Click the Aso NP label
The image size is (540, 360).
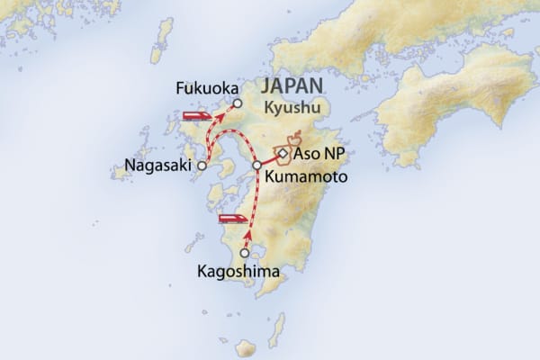pyautogui.click(x=315, y=156)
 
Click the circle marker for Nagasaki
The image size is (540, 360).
pyautogui.click(x=202, y=166)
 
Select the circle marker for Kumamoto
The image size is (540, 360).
pyautogui.click(x=257, y=166)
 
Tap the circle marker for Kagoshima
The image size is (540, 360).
pyautogui.click(x=245, y=253)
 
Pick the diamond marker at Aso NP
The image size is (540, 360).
pyautogui.click(x=283, y=155)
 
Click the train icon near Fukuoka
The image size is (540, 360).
pyautogui.click(x=196, y=116)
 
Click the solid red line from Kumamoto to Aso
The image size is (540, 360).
pyautogui.click(x=269, y=160)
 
